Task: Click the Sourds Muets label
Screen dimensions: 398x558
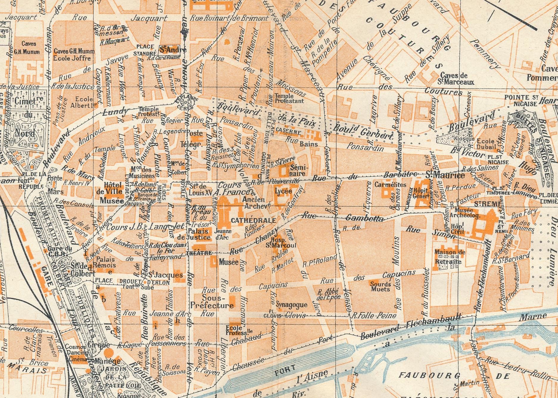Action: (x=381, y=286)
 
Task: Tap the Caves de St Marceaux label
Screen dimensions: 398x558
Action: (x=456, y=79)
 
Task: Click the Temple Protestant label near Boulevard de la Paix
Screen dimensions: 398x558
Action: (x=289, y=98)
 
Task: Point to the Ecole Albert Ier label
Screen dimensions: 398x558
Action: (x=85, y=102)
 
